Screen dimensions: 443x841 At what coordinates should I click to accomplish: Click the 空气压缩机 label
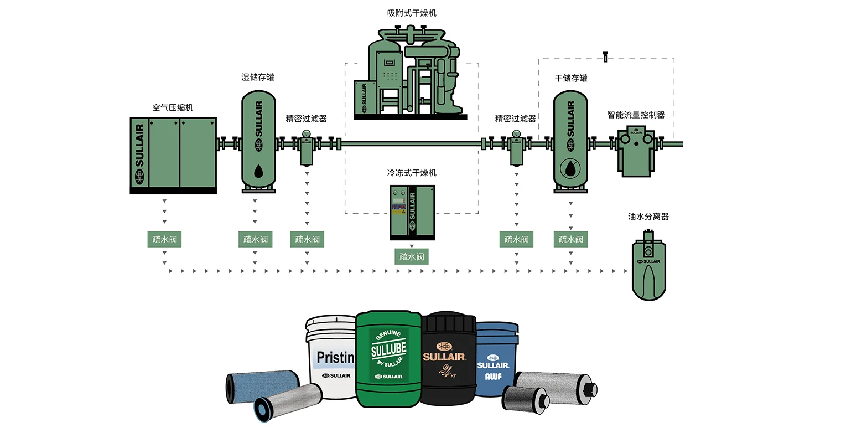(173, 108)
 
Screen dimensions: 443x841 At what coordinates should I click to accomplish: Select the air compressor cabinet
(173, 155)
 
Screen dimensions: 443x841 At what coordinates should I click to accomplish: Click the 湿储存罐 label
(258, 77)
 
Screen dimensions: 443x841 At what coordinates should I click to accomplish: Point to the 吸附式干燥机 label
(411, 13)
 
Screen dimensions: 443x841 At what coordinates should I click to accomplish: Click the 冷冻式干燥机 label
(411, 173)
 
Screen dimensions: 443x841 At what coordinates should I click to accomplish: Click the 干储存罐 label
(571, 78)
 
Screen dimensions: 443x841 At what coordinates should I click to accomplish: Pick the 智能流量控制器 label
(636, 115)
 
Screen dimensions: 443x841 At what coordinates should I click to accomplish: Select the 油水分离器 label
(648, 217)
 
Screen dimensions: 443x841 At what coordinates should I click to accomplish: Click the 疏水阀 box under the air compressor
(164, 239)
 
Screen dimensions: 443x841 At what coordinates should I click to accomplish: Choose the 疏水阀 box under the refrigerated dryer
(411, 256)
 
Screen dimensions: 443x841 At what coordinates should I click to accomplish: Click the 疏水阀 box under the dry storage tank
(570, 239)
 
